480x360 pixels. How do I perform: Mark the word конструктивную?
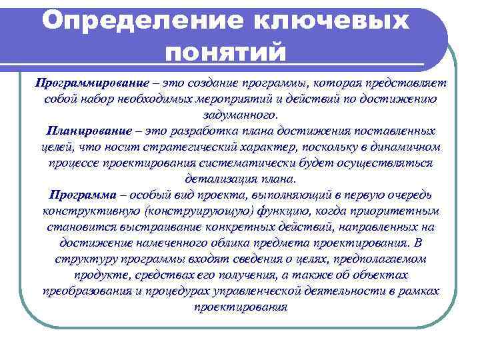click(89, 211)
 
